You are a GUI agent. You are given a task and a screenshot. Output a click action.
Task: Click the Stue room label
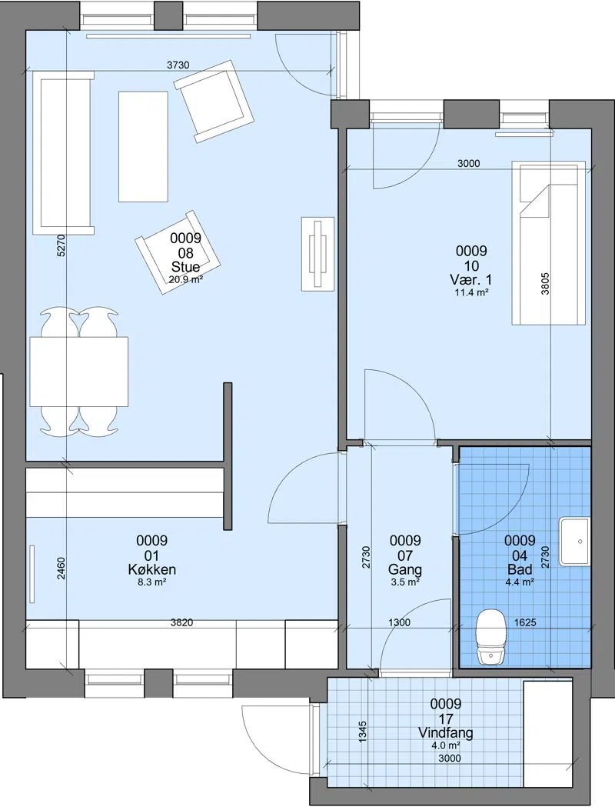coord(185,267)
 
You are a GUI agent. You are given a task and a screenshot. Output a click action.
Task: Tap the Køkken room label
coord(151,570)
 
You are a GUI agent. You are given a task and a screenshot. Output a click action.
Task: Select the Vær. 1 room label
coord(471,280)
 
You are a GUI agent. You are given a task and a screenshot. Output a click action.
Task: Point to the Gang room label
coord(405,570)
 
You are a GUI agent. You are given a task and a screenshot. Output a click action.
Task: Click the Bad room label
coord(520,570)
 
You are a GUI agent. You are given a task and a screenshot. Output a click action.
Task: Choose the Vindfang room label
coord(445,733)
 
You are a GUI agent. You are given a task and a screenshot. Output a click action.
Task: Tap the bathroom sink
coord(574,542)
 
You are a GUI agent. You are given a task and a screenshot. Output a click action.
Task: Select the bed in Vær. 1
coord(549,242)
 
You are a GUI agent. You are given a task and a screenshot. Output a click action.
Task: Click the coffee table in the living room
coord(144,147)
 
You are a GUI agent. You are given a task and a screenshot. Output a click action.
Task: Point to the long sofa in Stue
coord(63,153)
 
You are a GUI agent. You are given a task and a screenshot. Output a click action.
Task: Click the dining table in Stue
coord(79,372)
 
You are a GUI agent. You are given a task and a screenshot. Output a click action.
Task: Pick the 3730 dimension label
coord(178,65)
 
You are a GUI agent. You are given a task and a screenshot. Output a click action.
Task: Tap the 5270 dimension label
coord(61,245)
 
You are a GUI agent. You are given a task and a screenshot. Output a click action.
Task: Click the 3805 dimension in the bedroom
coord(545,284)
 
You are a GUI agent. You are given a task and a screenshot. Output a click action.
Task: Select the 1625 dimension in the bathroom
coord(525,622)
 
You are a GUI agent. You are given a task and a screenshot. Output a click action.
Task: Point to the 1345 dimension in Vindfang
coord(363,732)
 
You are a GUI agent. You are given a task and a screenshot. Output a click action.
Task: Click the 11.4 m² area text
coord(471,292)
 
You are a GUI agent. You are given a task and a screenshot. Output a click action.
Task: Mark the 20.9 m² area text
coord(185,279)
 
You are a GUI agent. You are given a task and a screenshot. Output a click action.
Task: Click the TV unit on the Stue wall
coord(317,253)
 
